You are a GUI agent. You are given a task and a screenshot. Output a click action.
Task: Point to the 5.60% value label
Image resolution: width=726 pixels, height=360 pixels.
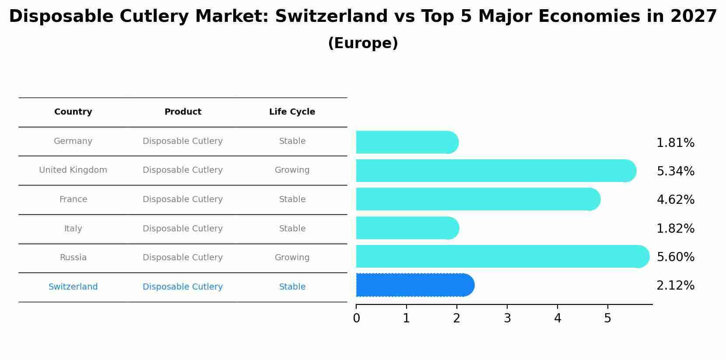[675, 257]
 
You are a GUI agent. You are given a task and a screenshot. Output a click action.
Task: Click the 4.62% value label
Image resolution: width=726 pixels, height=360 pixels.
[675, 200]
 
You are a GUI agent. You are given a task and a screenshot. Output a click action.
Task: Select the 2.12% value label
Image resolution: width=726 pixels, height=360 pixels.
[675, 286]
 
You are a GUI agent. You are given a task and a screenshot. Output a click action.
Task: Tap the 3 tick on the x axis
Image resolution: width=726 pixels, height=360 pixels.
[507, 318]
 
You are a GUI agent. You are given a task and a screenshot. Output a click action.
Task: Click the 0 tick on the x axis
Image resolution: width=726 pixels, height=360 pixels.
[356, 318]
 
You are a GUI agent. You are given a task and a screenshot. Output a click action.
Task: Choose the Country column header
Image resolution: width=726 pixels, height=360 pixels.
[73, 112]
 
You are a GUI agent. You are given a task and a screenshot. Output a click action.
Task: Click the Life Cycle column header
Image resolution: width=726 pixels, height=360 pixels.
[292, 112]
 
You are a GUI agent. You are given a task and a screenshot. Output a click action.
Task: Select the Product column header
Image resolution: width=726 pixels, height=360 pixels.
[182, 112]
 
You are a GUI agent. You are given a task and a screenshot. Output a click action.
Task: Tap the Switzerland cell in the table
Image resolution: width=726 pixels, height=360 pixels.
[73, 287]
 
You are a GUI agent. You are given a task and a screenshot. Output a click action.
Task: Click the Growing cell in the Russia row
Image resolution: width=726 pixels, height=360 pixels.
[292, 258]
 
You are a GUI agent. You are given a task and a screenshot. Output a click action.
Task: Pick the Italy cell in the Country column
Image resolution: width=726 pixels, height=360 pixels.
[73, 229]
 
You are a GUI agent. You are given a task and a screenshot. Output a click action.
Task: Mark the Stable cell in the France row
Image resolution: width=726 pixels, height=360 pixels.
[292, 199]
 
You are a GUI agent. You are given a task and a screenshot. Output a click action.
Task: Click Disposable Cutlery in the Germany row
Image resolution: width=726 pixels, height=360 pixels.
[182, 141]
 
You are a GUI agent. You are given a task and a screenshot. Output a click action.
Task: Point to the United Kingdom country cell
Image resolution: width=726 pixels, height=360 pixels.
[73, 170]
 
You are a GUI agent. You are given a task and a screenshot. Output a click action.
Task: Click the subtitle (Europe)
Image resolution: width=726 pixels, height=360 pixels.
[363, 43]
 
